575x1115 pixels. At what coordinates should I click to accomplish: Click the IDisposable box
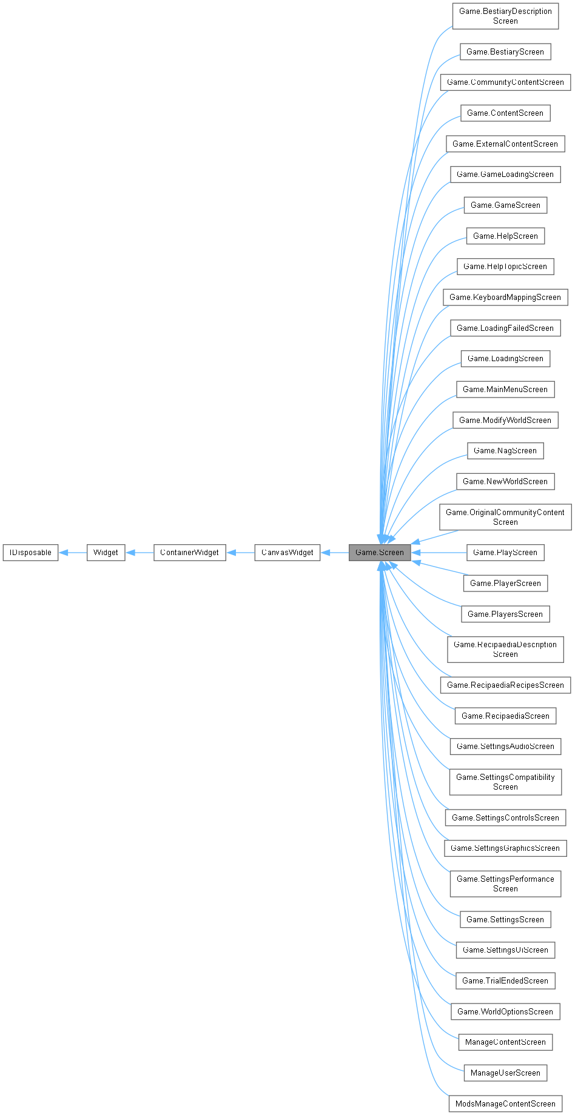30,553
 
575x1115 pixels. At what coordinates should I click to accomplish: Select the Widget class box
106,553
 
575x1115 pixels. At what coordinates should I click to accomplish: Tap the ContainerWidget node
189,553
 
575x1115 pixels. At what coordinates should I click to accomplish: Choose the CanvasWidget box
287,553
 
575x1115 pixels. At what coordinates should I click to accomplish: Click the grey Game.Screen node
379,553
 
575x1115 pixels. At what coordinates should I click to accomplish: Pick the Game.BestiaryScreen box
505,52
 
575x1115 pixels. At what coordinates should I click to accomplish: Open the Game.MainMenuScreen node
505,390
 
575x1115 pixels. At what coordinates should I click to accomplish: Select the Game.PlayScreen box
505,553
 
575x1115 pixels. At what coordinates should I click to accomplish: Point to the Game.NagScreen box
505,451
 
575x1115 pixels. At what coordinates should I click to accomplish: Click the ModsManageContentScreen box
505,1104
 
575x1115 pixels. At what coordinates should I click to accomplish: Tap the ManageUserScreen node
505,1073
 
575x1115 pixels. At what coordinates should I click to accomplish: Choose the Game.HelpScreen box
505,236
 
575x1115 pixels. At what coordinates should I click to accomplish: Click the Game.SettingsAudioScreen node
505,747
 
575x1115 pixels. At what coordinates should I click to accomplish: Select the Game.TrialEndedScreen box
505,981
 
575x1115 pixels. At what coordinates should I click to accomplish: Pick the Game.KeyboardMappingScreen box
505,298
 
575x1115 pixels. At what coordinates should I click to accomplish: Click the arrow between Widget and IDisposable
73,553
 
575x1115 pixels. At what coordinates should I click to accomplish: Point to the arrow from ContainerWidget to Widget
140,553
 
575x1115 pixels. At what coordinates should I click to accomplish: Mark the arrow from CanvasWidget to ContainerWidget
240,553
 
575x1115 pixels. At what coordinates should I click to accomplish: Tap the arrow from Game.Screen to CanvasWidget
334,553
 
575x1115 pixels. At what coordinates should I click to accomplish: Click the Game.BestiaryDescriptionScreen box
505,16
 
